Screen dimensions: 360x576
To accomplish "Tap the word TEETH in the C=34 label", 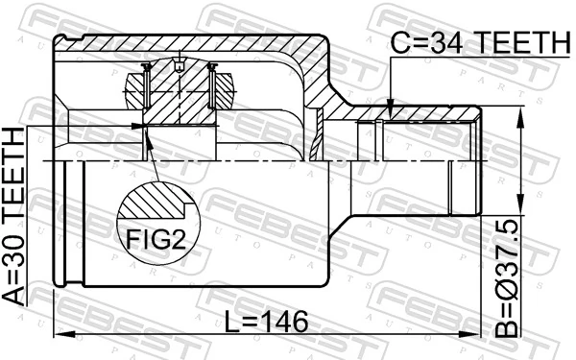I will pos(519,42).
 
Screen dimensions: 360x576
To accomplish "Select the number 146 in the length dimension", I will pos(280,323).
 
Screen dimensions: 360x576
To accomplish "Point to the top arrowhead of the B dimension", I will pos(521,112).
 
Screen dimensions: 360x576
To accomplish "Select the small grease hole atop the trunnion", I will pos(180,65).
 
